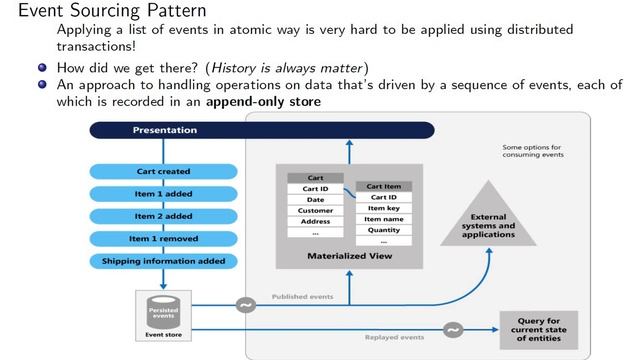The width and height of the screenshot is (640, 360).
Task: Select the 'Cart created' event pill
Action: (165, 171)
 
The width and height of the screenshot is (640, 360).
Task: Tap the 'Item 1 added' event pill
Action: (165, 193)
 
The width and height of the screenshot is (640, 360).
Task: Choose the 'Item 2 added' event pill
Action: (165, 216)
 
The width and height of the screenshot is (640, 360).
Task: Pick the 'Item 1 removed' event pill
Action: (165, 238)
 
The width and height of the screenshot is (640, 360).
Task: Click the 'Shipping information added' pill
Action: (165, 261)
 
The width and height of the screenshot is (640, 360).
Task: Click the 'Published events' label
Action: (302, 297)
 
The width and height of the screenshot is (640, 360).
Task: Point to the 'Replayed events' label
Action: (394, 338)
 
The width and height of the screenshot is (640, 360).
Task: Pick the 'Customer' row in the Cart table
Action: (315, 210)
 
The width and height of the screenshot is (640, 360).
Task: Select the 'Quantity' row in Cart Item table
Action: (384, 230)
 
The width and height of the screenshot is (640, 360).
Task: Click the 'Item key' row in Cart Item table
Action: (384, 208)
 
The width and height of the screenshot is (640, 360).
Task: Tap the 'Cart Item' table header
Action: (384, 186)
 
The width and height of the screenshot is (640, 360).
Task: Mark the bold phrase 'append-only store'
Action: (264, 102)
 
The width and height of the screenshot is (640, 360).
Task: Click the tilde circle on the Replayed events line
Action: (452, 329)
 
